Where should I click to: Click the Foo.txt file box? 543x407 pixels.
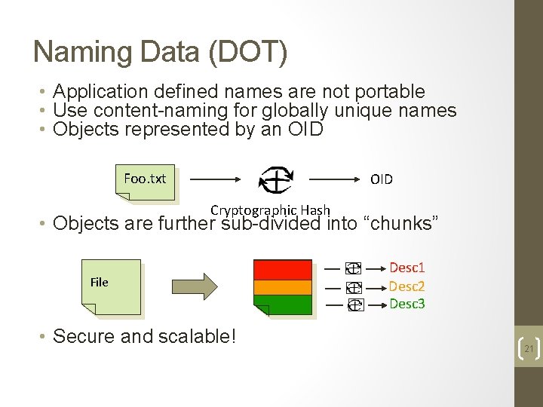[146, 180]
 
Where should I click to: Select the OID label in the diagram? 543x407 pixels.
[381, 179]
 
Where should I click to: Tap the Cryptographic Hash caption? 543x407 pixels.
[270, 210]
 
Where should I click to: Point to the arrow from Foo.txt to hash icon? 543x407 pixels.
[215, 180]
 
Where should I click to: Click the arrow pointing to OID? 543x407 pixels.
[336, 180]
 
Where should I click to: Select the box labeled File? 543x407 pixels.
[110, 285]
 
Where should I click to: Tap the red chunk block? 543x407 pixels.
[283, 269]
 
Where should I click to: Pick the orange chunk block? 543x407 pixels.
[283, 287]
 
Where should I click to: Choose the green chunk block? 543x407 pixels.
[283, 304]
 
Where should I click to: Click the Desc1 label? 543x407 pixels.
[407, 268]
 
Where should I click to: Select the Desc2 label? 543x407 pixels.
[407, 286]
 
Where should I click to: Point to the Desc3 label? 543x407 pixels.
[407, 304]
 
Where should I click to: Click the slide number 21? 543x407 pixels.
[528, 349]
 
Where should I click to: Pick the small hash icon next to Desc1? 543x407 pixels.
[353, 268]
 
